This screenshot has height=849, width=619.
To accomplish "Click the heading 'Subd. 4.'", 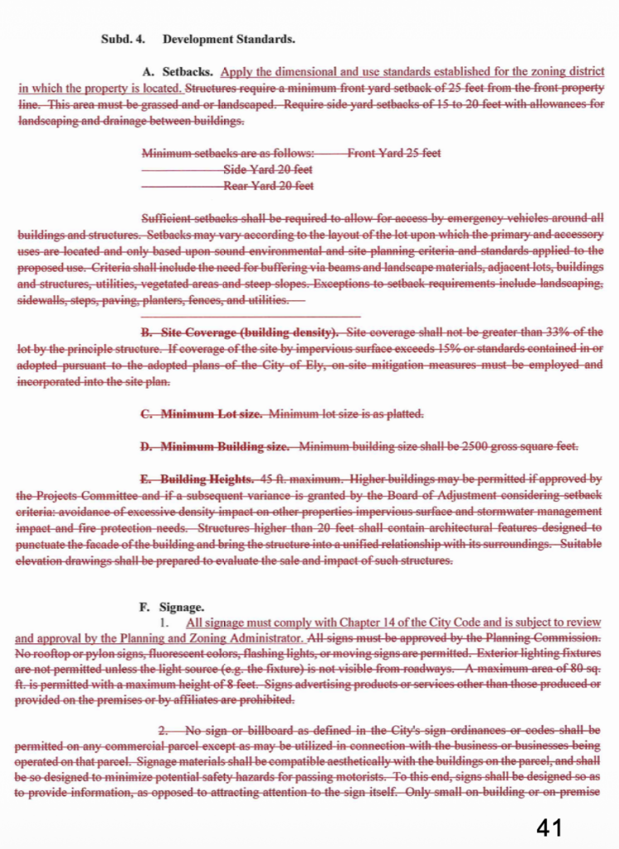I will click(x=122, y=39).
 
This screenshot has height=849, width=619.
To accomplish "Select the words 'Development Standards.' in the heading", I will click(x=229, y=39).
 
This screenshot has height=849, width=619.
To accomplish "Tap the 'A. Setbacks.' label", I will click(x=178, y=72).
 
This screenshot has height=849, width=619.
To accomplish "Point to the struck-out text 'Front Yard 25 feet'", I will click(x=394, y=153).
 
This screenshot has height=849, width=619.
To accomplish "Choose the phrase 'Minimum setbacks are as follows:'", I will click(x=228, y=153).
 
